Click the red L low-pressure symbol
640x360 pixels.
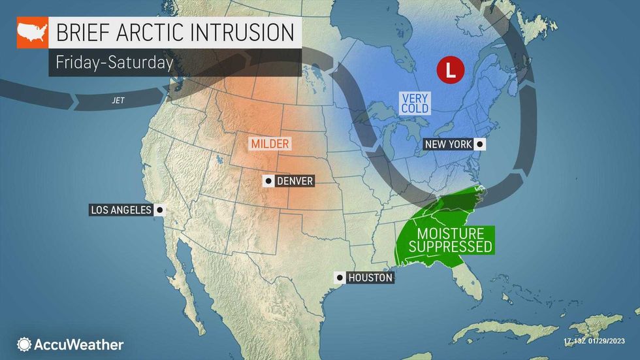[447, 69]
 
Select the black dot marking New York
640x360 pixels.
[480, 144]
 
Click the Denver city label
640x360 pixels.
[295, 181]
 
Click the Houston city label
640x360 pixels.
[370, 278]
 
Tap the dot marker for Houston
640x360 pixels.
[339, 278]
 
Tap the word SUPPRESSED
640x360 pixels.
[447, 247]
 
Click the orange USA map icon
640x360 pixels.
[32, 33]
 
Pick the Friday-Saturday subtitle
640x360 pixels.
[114, 63]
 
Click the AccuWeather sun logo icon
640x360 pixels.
[24, 344]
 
